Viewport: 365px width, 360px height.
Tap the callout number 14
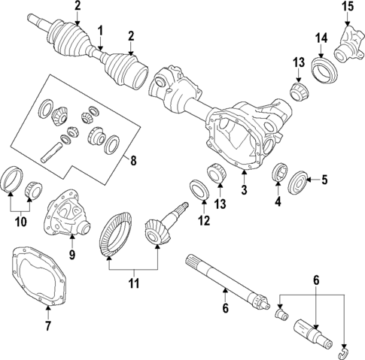tap(321, 38)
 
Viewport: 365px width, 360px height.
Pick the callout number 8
tap(132, 160)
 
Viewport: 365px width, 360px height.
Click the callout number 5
tap(325, 180)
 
